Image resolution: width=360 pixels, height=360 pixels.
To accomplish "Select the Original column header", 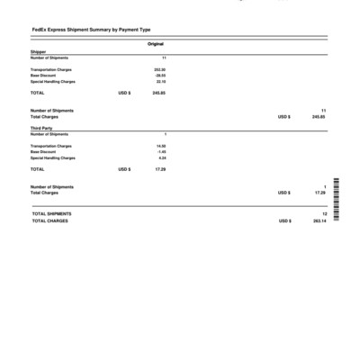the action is [x=155, y=43].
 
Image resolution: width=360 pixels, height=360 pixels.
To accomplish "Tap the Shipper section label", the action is [x=38, y=52].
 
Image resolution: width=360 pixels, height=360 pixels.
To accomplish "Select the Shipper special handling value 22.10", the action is [x=160, y=82].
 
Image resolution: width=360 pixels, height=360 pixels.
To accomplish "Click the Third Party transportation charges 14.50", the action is [x=161, y=146].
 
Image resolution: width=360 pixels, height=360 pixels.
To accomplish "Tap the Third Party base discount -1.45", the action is [x=161, y=152].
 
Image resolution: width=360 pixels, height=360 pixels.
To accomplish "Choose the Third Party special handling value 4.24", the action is [x=162, y=158].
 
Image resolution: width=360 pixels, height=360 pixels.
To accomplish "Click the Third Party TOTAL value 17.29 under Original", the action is [x=160, y=169].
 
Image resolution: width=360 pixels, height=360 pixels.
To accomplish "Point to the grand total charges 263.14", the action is [x=319, y=220].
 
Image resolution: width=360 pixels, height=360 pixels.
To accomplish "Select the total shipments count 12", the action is [x=324, y=214].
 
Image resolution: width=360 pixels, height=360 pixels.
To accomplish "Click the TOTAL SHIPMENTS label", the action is [x=51, y=214].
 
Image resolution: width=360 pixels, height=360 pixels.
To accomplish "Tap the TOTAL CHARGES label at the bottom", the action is [x=49, y=220].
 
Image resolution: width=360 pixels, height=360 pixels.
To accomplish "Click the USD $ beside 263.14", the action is [x=283, y=220].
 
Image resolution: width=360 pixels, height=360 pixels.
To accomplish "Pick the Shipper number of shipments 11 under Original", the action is [x=164, y=58].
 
